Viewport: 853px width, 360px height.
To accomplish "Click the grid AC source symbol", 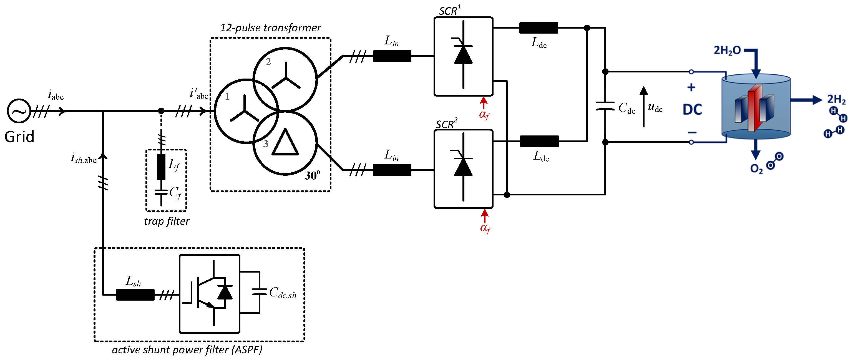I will (19, 111).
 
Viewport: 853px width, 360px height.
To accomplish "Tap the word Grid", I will (19, 137).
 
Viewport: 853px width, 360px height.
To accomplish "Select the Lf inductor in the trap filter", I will (161, 167).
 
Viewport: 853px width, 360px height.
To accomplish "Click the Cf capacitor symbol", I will (161, 192).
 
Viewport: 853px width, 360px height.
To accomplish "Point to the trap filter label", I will (167, 221).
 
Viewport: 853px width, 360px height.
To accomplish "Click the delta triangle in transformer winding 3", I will (285, 143).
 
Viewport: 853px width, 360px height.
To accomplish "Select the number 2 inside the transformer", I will (268, 62).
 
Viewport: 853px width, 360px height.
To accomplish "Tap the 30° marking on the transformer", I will (312, 175).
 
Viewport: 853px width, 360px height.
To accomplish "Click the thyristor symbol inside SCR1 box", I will (463, 55).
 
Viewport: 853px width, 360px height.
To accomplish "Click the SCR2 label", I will (446, 124).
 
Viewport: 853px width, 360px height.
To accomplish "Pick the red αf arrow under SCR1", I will (484, 103).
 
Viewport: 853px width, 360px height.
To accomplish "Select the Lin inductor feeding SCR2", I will (392, 170).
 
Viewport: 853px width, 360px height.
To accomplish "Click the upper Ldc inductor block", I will (539, 28).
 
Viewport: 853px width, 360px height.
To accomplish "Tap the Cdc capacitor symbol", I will (605, 106).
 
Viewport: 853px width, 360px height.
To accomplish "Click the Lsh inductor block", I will (135, 294).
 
